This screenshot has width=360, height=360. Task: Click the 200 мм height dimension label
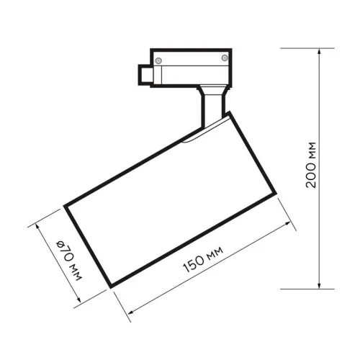(x=311, y=166)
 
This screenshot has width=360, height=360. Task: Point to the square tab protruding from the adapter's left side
(x=144, y=73)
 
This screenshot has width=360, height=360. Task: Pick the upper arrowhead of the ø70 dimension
(x=37, y=225)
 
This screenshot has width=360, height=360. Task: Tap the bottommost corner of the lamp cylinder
(x=110, y=286)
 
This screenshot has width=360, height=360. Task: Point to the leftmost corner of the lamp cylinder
(x=66, y=206)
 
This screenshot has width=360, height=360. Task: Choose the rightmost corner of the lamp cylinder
(x=276, y=192)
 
